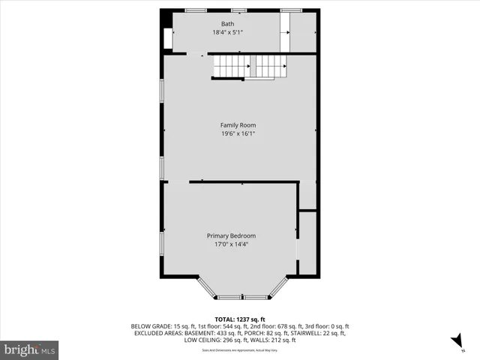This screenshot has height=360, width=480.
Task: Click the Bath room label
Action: [227, 24]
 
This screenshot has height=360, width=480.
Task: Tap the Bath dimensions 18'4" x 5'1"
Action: [227, 32]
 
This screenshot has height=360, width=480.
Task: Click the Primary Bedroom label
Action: [231, 235]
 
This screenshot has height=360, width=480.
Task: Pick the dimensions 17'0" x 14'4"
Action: [231, 244]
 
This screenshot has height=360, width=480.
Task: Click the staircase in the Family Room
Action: [250, 68]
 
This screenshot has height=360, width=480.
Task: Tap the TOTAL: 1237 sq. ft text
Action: [240, 319]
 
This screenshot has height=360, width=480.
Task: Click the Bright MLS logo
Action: [29, 349]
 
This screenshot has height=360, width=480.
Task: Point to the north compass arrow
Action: [455, 341]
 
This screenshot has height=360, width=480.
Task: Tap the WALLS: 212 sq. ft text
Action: [275, 340]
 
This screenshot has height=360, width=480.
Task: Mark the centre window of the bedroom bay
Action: [241, 298]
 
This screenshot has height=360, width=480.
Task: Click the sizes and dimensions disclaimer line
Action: [240, 350]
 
